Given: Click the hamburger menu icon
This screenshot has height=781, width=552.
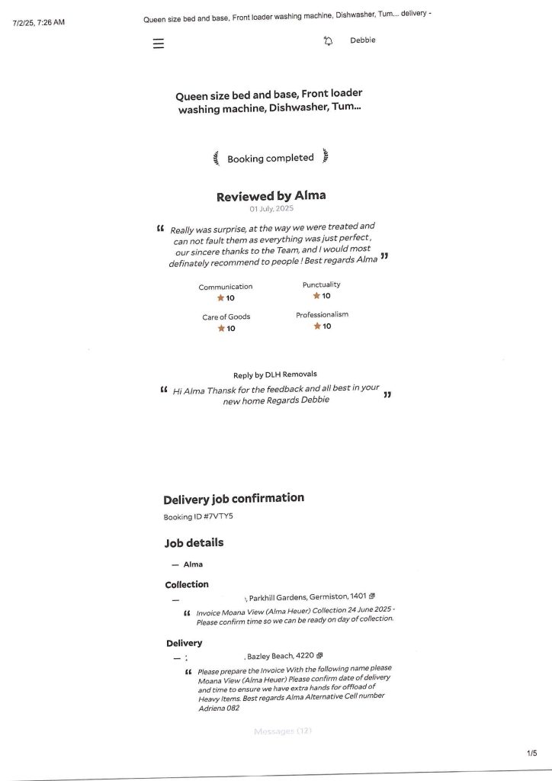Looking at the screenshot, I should (x=159, y=43).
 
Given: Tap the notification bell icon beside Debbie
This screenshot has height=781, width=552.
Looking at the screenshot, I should (x=328, y=41).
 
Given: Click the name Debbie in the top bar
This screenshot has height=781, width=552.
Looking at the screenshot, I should (x=363, y=40).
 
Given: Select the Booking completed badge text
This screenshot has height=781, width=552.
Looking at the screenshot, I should (x=271, y=158).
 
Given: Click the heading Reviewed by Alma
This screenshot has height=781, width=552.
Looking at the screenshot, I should (x=271, y=196).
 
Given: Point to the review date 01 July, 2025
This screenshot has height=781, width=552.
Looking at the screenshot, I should (x=271, y=209).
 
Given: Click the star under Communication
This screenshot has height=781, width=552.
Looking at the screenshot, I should (x=221, y=298).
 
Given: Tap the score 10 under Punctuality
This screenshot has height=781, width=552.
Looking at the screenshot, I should (x=326, y=296).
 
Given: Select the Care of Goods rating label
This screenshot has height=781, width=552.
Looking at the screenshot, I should (x=226, y=317).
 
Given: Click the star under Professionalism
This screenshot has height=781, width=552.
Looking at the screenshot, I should (x=317, y=326).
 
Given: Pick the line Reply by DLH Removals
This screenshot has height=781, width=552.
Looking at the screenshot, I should (x=275, y=374).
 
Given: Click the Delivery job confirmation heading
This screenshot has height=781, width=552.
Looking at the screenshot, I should (x=233, y=499).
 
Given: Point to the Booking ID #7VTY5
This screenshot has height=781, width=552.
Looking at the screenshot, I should (x=198, y=517).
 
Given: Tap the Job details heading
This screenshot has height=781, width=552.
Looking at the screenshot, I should (x=194, y=543).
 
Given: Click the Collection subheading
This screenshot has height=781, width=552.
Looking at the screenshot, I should (x=187, y=584).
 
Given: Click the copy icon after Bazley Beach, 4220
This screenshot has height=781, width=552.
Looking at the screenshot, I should (x=320, y=655).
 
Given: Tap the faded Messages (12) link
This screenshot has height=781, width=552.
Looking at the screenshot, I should (x=283, y=731).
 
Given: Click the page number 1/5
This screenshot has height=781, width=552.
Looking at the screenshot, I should (x=531, y=754).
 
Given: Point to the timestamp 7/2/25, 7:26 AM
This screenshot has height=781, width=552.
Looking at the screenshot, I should (x=39, y=22).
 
